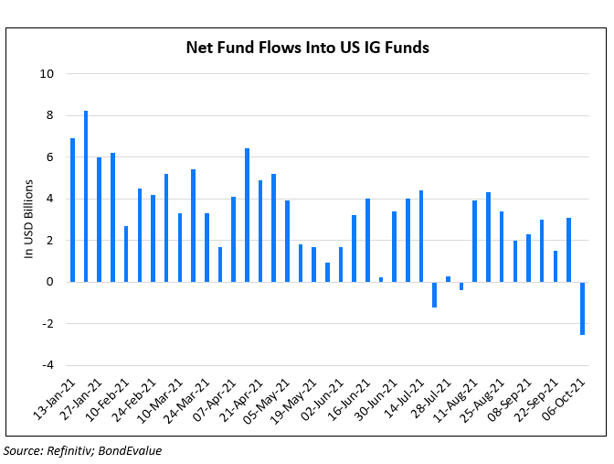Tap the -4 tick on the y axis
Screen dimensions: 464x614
tap(48, 365)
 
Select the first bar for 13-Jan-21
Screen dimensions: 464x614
tap(72, 210)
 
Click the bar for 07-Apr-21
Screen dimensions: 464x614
tap(233, 239)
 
